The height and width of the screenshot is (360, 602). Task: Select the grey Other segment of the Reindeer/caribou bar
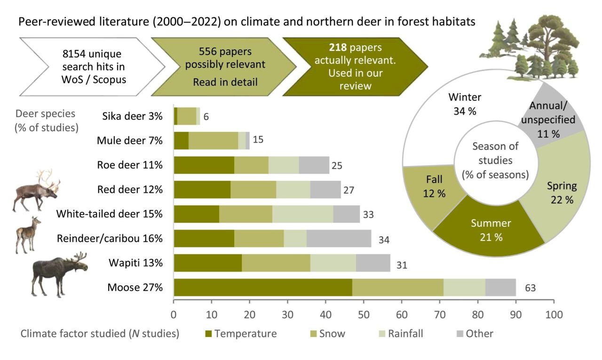339,239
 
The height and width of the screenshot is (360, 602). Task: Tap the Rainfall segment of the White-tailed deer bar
302,214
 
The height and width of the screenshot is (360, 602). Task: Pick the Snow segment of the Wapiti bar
276,263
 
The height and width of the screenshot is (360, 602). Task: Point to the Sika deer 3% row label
132,116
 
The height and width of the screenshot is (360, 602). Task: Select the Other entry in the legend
475,334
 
